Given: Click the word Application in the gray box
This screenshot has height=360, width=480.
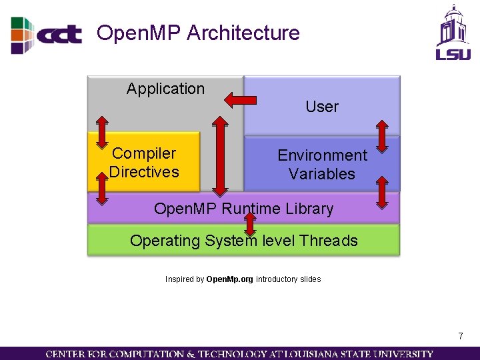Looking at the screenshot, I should pos(165,89).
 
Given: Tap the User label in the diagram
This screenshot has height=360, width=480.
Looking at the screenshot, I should pos(322,107).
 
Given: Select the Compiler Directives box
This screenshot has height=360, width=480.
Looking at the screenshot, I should pos(144,163).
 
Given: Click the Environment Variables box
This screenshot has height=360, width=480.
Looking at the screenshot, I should pos(322,165).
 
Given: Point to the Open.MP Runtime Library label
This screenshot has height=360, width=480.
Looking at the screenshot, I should pos(243,209).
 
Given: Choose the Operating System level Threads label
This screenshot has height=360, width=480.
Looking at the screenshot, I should pos(243,241).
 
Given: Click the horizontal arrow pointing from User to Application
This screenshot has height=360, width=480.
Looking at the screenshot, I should pos(240,101).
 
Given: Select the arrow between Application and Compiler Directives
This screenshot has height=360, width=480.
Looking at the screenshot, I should pos(102,132).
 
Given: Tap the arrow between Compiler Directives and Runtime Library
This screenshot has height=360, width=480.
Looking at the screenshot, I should pos(102,187).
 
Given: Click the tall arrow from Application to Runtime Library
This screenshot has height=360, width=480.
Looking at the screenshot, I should pos(219,155).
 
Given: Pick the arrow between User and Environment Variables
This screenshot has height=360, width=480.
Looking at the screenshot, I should pos(382,136).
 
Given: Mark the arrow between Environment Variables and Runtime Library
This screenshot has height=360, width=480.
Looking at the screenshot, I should pos(382,193).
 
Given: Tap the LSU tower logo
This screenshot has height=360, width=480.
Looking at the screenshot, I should pos(453,31).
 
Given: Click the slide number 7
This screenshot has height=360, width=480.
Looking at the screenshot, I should pos(460,336).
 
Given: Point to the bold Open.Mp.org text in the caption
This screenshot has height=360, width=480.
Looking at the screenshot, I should pos(230,279).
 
